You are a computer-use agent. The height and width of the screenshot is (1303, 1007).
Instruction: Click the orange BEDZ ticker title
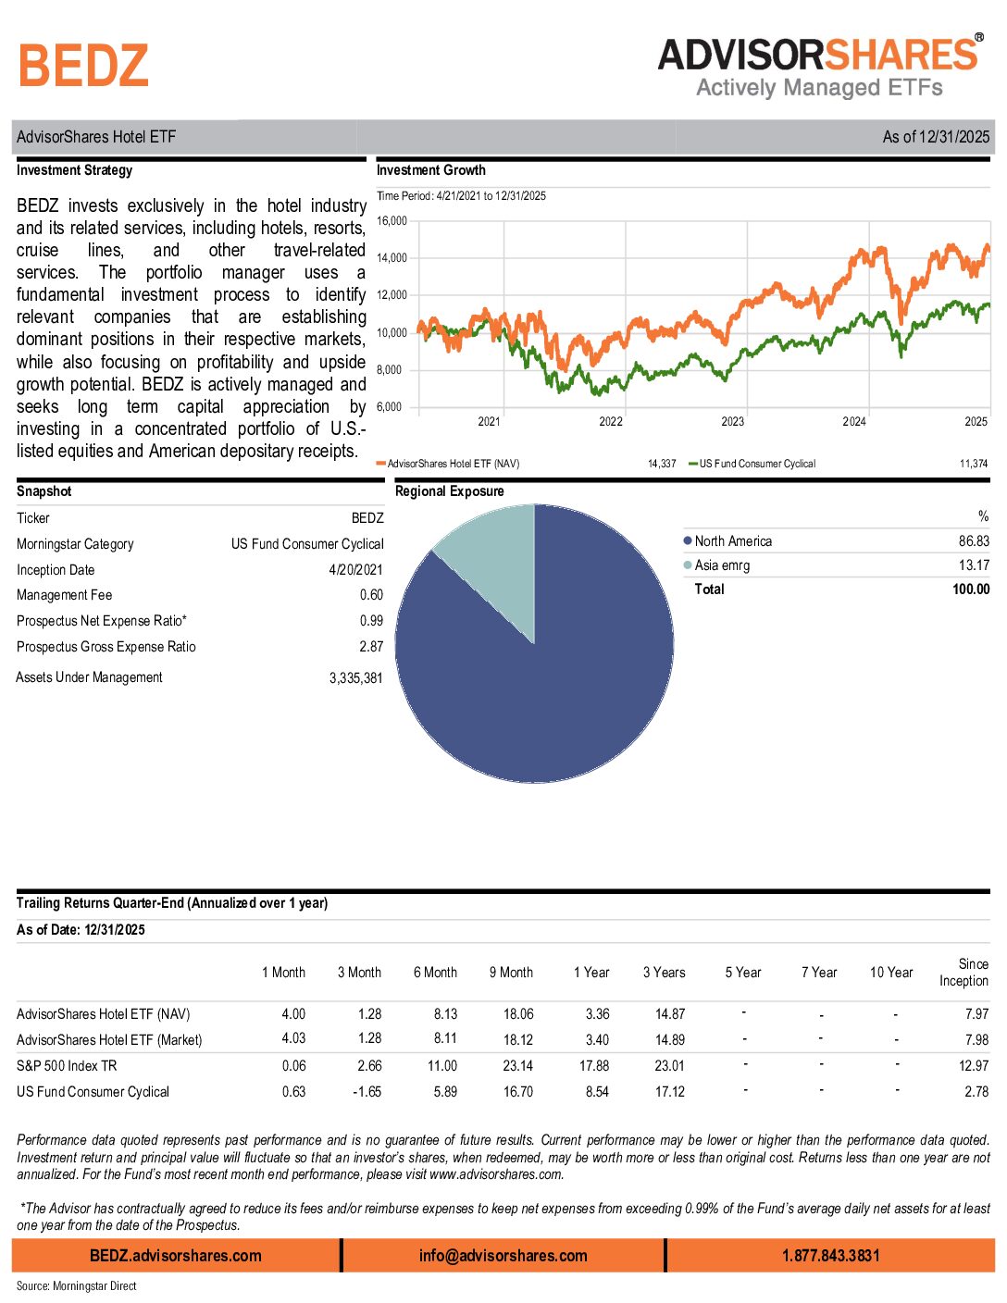point(83,67)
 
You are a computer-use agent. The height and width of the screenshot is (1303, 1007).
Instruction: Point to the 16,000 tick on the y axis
point(392,221)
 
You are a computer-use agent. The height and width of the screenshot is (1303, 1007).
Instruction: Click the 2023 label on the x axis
point(732,422)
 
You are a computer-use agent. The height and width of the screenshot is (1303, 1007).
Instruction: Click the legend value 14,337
point(662,464)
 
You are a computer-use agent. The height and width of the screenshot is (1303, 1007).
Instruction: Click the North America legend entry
point(732,541)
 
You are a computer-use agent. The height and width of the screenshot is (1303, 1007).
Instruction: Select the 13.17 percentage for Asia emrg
point(974,565)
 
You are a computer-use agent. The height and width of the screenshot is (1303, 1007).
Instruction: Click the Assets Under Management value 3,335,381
point(355,678)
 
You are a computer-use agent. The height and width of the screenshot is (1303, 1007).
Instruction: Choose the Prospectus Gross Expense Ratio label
point(106,647)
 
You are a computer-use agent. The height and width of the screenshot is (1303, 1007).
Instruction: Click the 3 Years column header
point(665,973)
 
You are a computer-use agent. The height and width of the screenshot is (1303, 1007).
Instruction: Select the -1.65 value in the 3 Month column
point(367,1092)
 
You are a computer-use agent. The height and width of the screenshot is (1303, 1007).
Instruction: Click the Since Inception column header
point(963,973)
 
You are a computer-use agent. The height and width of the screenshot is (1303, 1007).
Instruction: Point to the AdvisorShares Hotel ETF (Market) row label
point(109,1040)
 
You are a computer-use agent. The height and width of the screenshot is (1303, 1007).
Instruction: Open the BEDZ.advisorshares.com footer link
point(176,1256)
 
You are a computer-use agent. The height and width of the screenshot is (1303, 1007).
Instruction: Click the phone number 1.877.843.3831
point(830,1256)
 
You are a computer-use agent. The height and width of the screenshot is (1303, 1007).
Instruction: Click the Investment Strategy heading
point(74,170)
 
